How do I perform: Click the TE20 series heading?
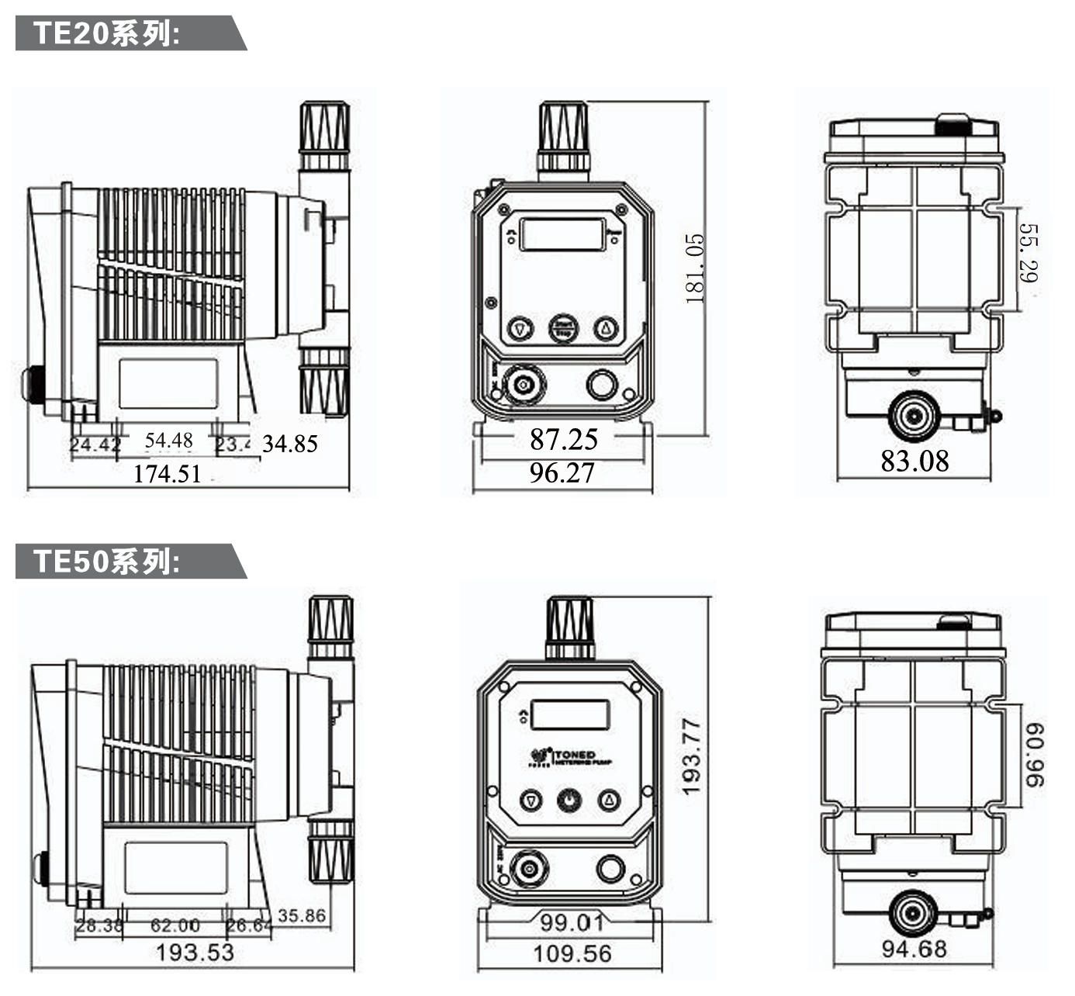pyautogui.click(x=107, y=34)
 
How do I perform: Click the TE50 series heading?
pyautogui.click(x=107, y=561)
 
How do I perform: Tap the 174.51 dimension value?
pyautogui.click(x=167, y=473)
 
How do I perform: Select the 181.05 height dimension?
pyautogui.click(x=695, y=268)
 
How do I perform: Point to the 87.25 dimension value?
pyautogui.click(x=564, y=440)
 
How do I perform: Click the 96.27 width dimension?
pyautogui.click(x=562, y=472)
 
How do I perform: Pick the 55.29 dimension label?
pyautogui.click(x=1028, y=253)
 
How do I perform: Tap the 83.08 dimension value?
pyautogui.click(x=914, y=461)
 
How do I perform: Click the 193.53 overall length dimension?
pyautogui.click(x=195, y=952)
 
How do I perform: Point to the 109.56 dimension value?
pyautogui.click(x=572, y=953)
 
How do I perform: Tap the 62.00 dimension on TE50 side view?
pyautogui.click(x=175, y=925)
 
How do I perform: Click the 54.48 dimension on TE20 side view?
pyautogui.click(x=168, y=441)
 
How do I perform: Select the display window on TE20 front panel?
pyautogui.click(x=562, y=234)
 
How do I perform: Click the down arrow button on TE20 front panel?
pyautogui.click(x=520, y=329)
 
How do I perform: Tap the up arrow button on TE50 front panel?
pyautogui.click(x=609, y=800)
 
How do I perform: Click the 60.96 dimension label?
pyautogui.click(x=1034, y=755)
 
